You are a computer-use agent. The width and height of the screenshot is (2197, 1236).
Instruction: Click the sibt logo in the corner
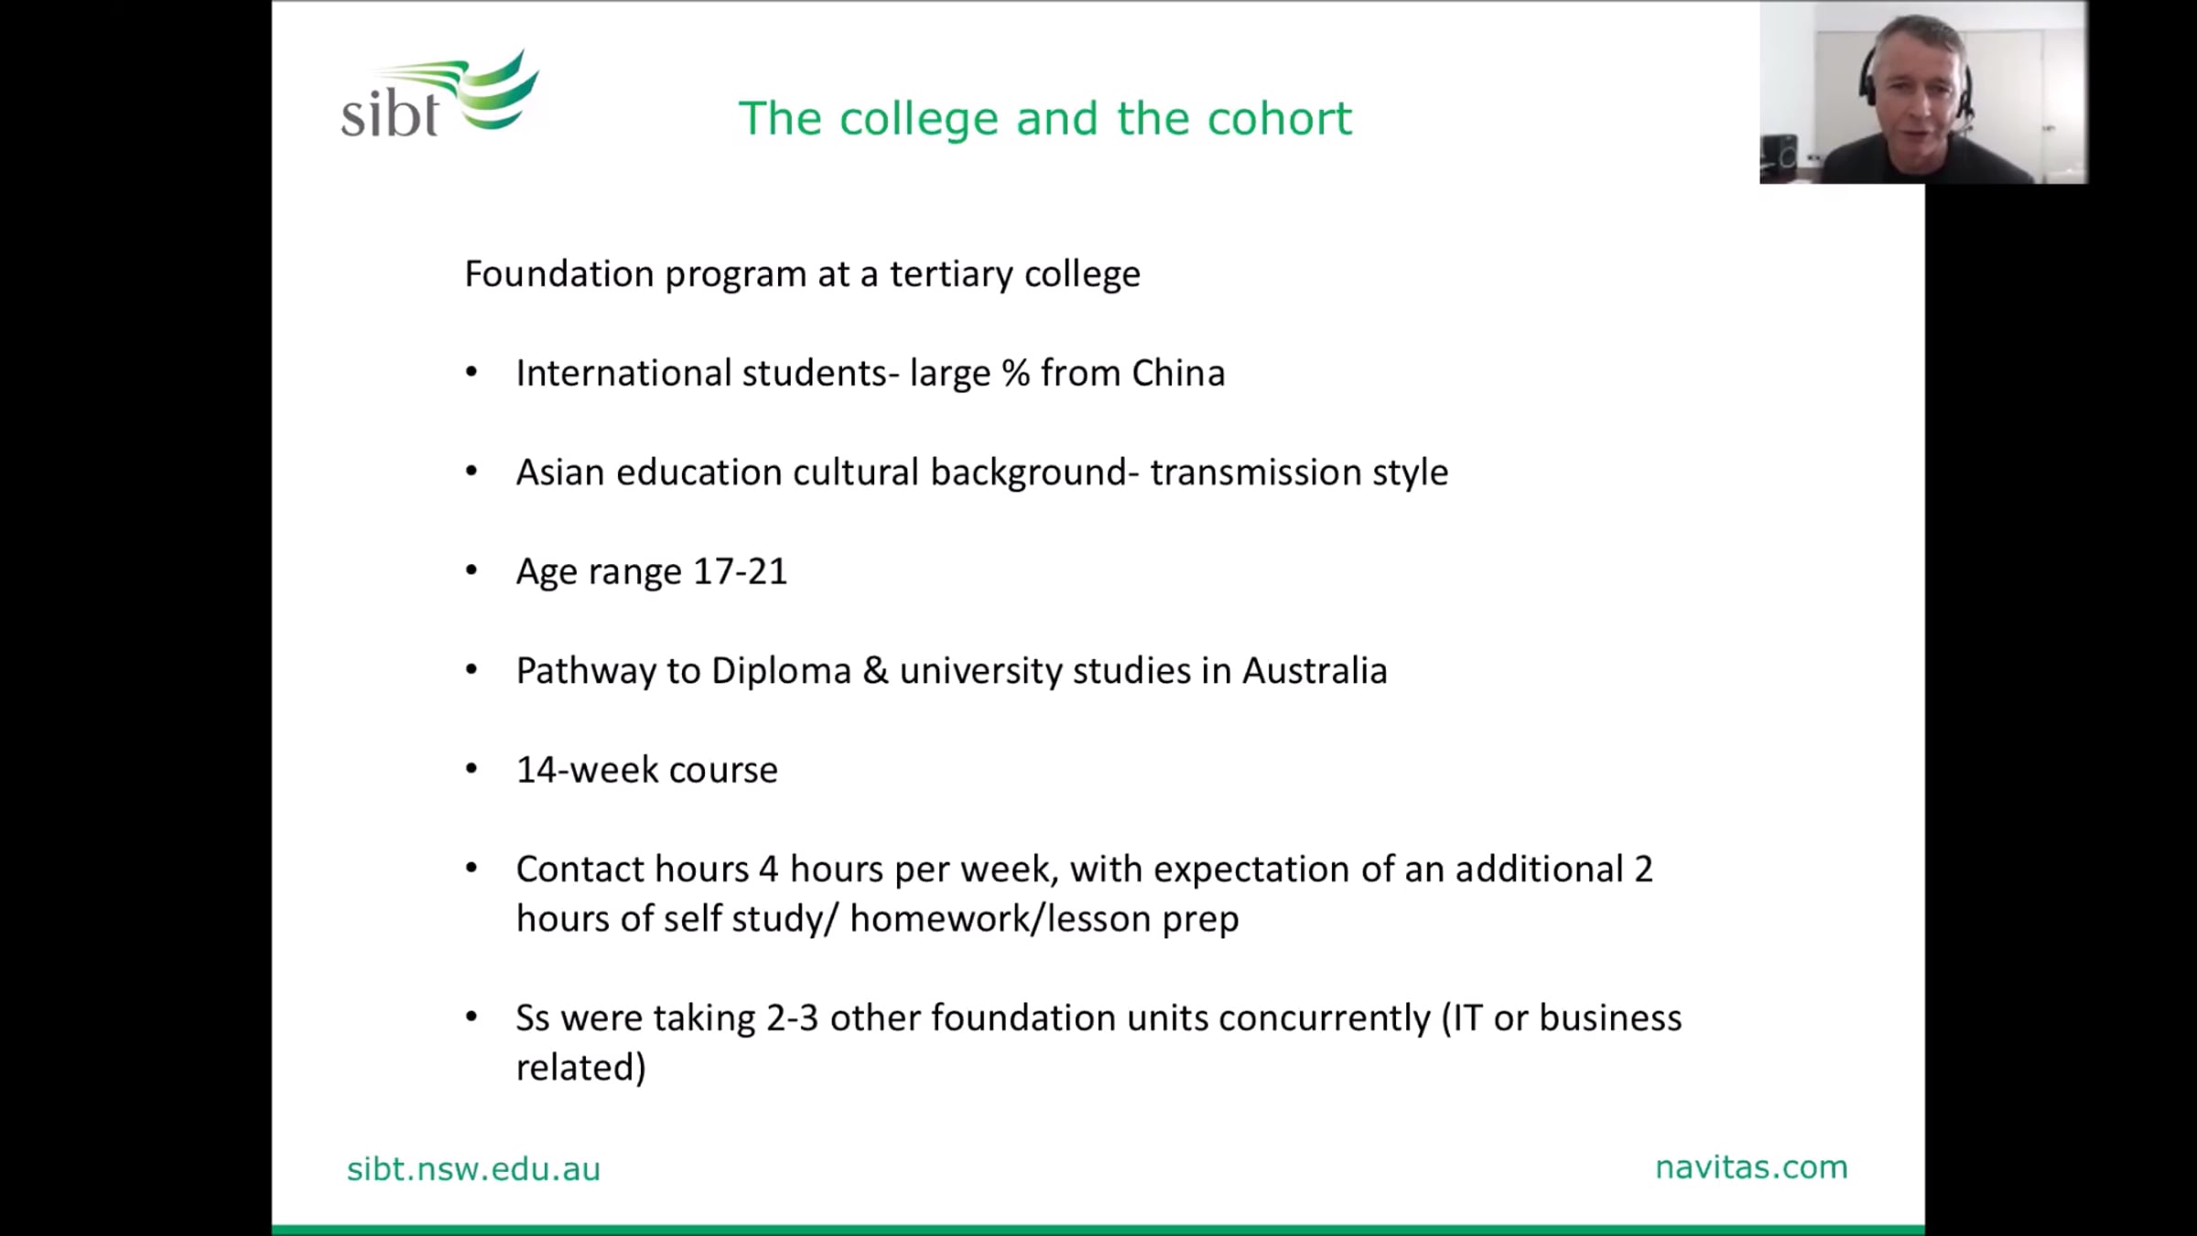(x=440, y=94)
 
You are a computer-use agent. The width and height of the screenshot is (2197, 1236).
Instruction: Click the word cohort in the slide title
(x=1280, y=118)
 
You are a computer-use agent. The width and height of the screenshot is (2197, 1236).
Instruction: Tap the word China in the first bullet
(x=1178, y=373)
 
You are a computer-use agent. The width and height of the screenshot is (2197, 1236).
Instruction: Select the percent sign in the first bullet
(x=1015, y=373)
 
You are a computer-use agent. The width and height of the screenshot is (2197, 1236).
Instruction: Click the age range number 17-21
(x=740, y=571)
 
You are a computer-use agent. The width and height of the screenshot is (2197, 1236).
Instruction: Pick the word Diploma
(x=781, y=671)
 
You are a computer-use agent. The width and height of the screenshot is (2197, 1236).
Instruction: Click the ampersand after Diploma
(x=875, y=671)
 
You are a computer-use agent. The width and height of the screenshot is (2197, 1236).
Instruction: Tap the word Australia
(x=1315, y=671)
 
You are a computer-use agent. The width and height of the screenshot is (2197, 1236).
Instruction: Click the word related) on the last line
(x=581, y=1068)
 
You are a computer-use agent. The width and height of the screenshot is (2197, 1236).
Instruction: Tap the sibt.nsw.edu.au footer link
(x=473, y=1169)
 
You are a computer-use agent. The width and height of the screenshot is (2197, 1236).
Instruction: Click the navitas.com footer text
(x=1751, y=1167)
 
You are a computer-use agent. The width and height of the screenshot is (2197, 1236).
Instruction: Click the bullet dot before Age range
(x=471, y=571)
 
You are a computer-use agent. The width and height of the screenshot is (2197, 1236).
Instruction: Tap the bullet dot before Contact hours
(x=471, y=868)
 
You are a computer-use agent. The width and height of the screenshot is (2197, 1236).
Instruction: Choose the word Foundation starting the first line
(x=558, y=274)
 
